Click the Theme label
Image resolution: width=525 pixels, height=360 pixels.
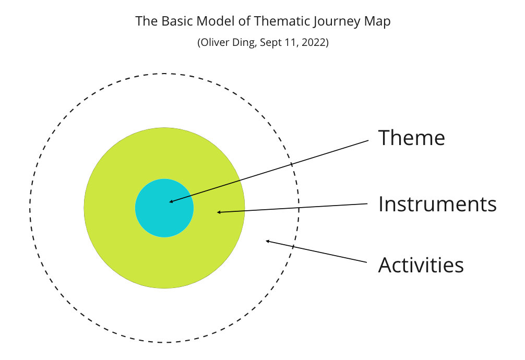411,138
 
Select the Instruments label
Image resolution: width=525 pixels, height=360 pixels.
437,204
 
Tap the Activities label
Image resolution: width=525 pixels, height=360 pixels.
421,265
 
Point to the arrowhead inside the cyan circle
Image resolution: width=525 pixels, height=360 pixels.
171,201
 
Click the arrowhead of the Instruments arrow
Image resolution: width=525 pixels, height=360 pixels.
219,212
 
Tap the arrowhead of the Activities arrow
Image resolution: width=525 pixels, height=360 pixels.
268,241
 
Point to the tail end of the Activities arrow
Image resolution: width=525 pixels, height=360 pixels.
368,262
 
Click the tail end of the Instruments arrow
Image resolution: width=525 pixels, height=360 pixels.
368,203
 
